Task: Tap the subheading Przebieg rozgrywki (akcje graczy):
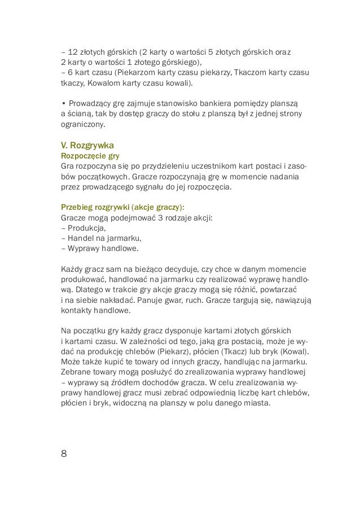(x=122, y=206)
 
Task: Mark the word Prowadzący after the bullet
(x=91, y=104)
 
